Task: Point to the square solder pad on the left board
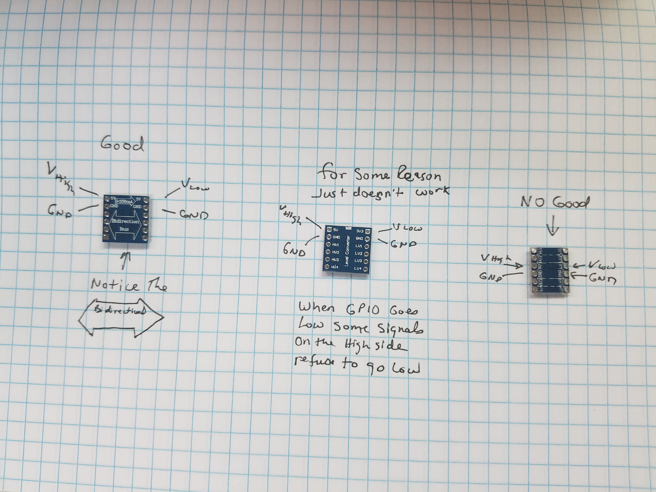[x=106, y=236]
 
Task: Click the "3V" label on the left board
[x=138, y=199]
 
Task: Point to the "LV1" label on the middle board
[x=359, y=246]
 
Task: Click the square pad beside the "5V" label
[x=329, y=229]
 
